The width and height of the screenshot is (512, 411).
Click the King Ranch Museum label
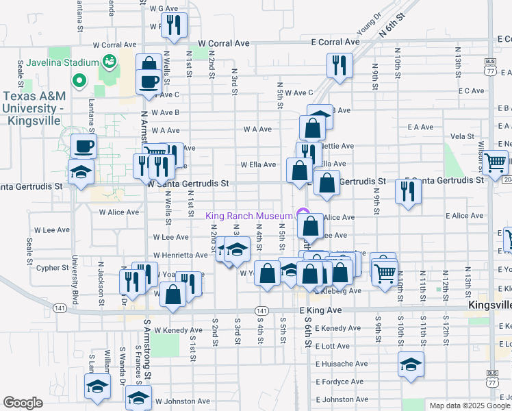coord(250,216)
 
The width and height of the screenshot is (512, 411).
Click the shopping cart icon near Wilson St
coord(494,164)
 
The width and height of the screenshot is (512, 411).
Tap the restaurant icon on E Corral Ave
coord(339,66)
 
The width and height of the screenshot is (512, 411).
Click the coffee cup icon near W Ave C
coord(149,82)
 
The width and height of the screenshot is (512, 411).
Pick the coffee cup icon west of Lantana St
coord(84,147)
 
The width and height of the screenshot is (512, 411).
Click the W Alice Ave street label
coord(119,212)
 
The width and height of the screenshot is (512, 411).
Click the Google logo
coord(23,403)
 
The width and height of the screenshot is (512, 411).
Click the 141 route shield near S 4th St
coord(261,310)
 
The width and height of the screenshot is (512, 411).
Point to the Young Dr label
coord(368,25)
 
